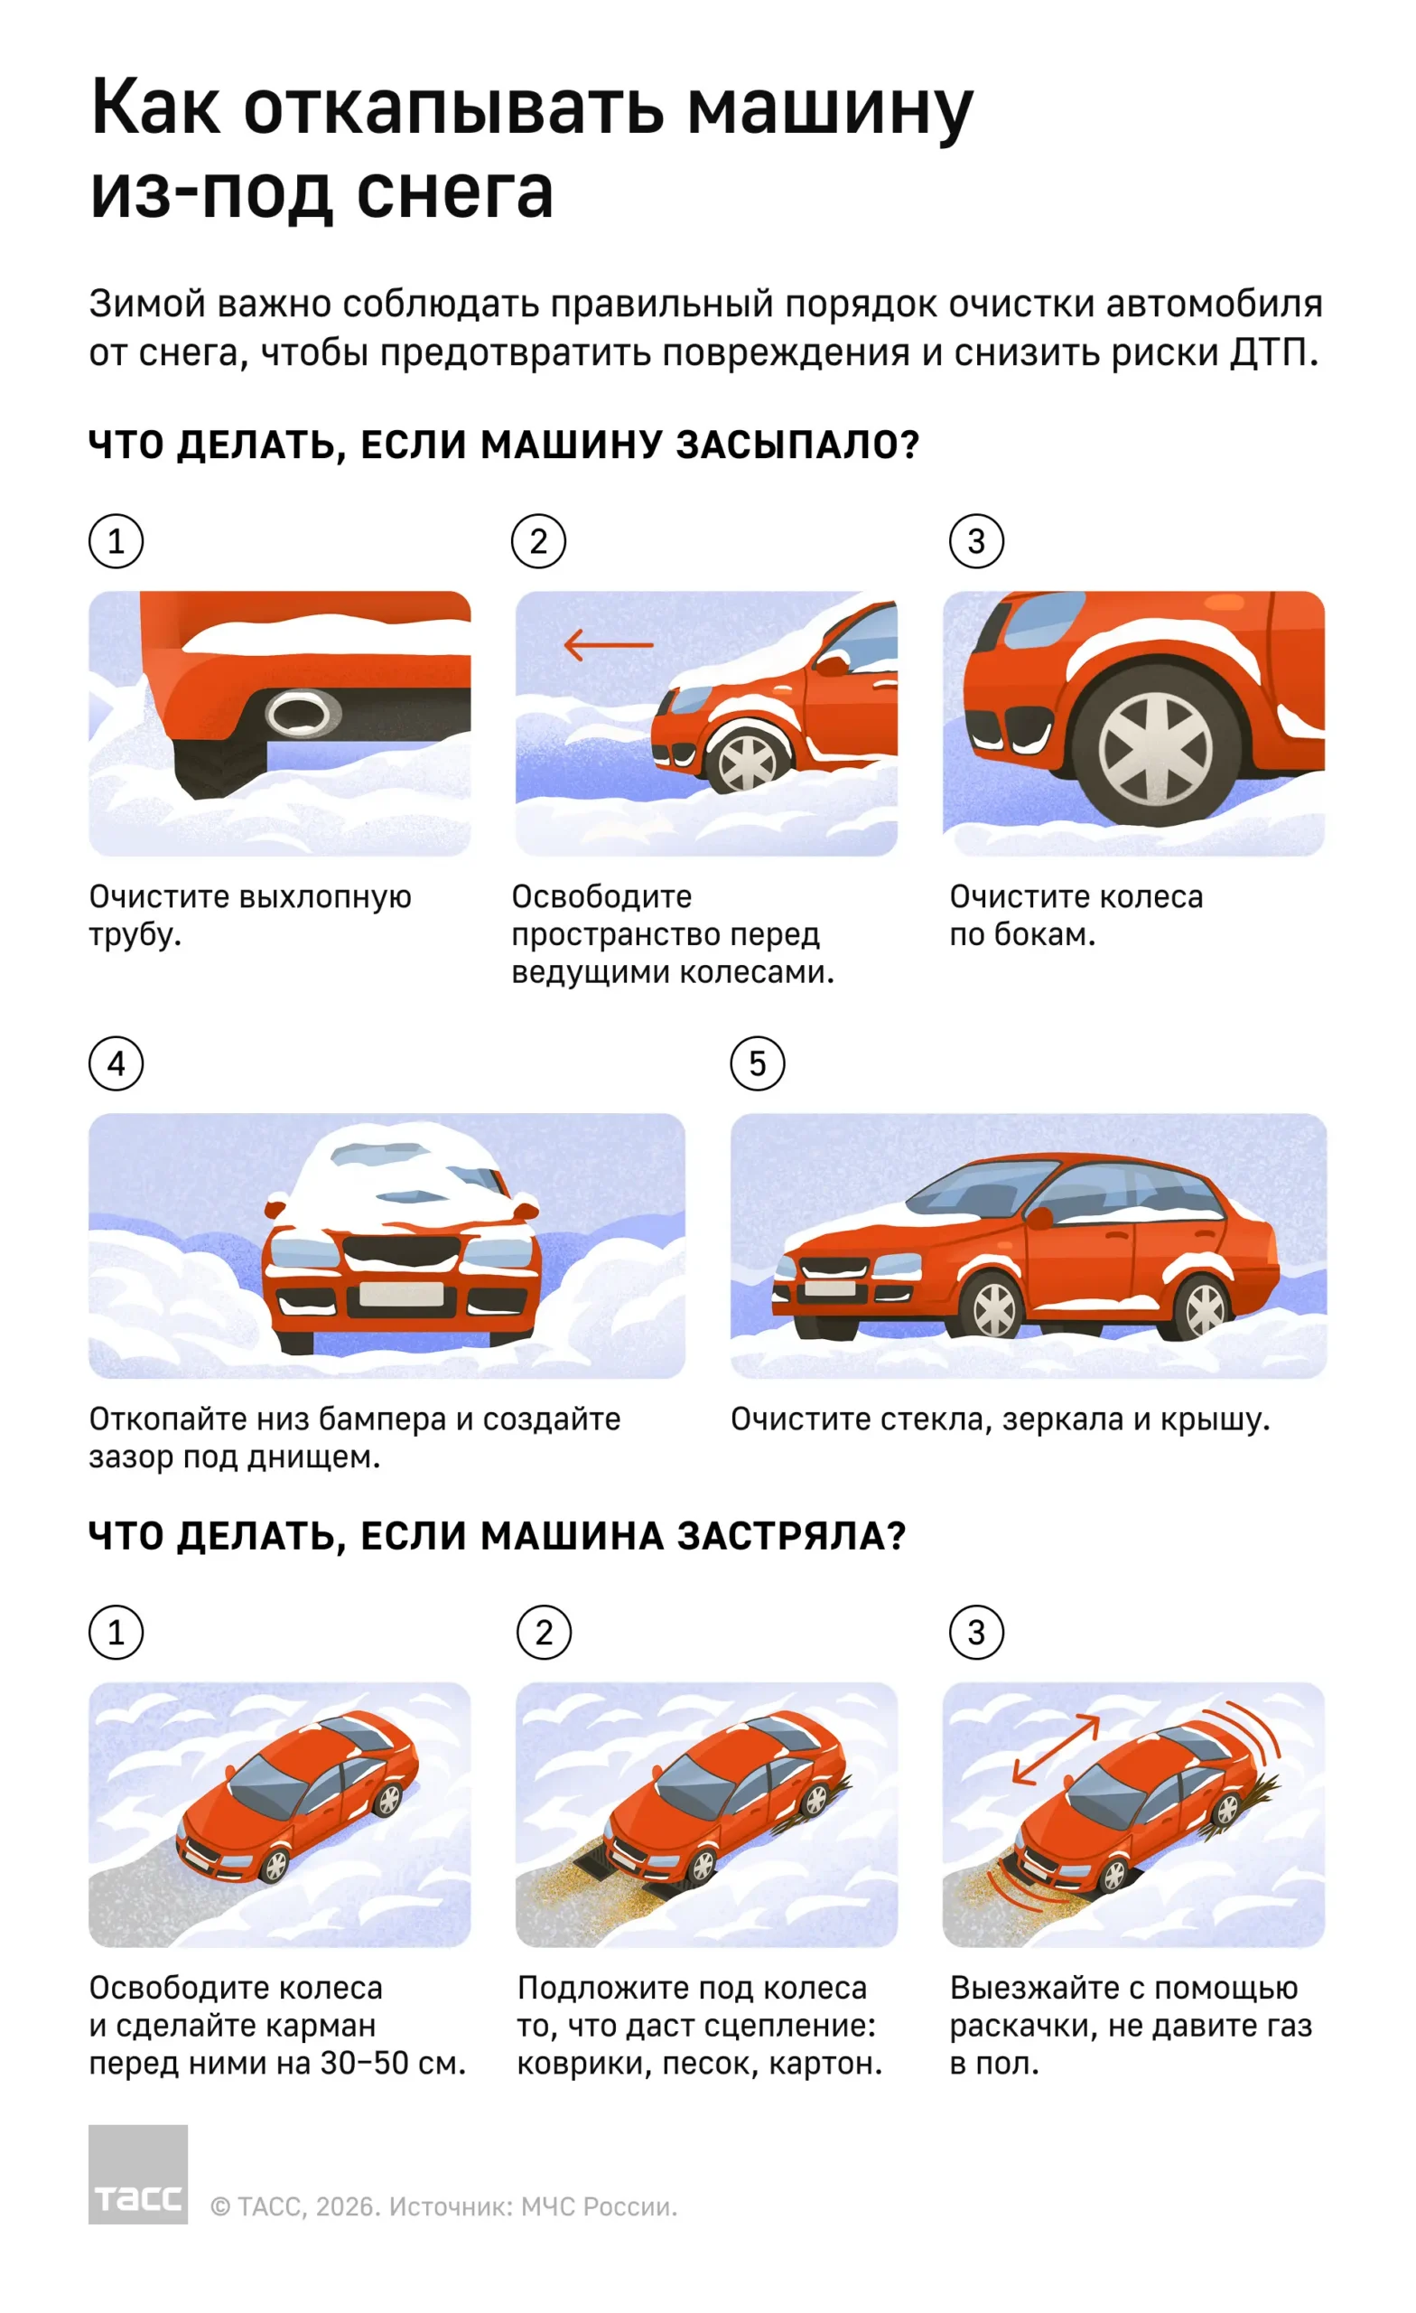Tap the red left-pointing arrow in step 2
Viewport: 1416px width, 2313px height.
tap(608, 645)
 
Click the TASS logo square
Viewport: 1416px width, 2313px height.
tap(138, 2174)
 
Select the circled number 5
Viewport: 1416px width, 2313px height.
tap(757, 1063)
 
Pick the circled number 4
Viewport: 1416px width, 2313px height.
tap(116, 1063)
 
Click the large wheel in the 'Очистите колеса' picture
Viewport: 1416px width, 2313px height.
tap(1154, 748)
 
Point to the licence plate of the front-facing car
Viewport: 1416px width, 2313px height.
tap(401, 1295)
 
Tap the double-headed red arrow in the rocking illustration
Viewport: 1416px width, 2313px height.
tap(1056, 1749)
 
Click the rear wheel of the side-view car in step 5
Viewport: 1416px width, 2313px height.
tap(1203, 1307)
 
